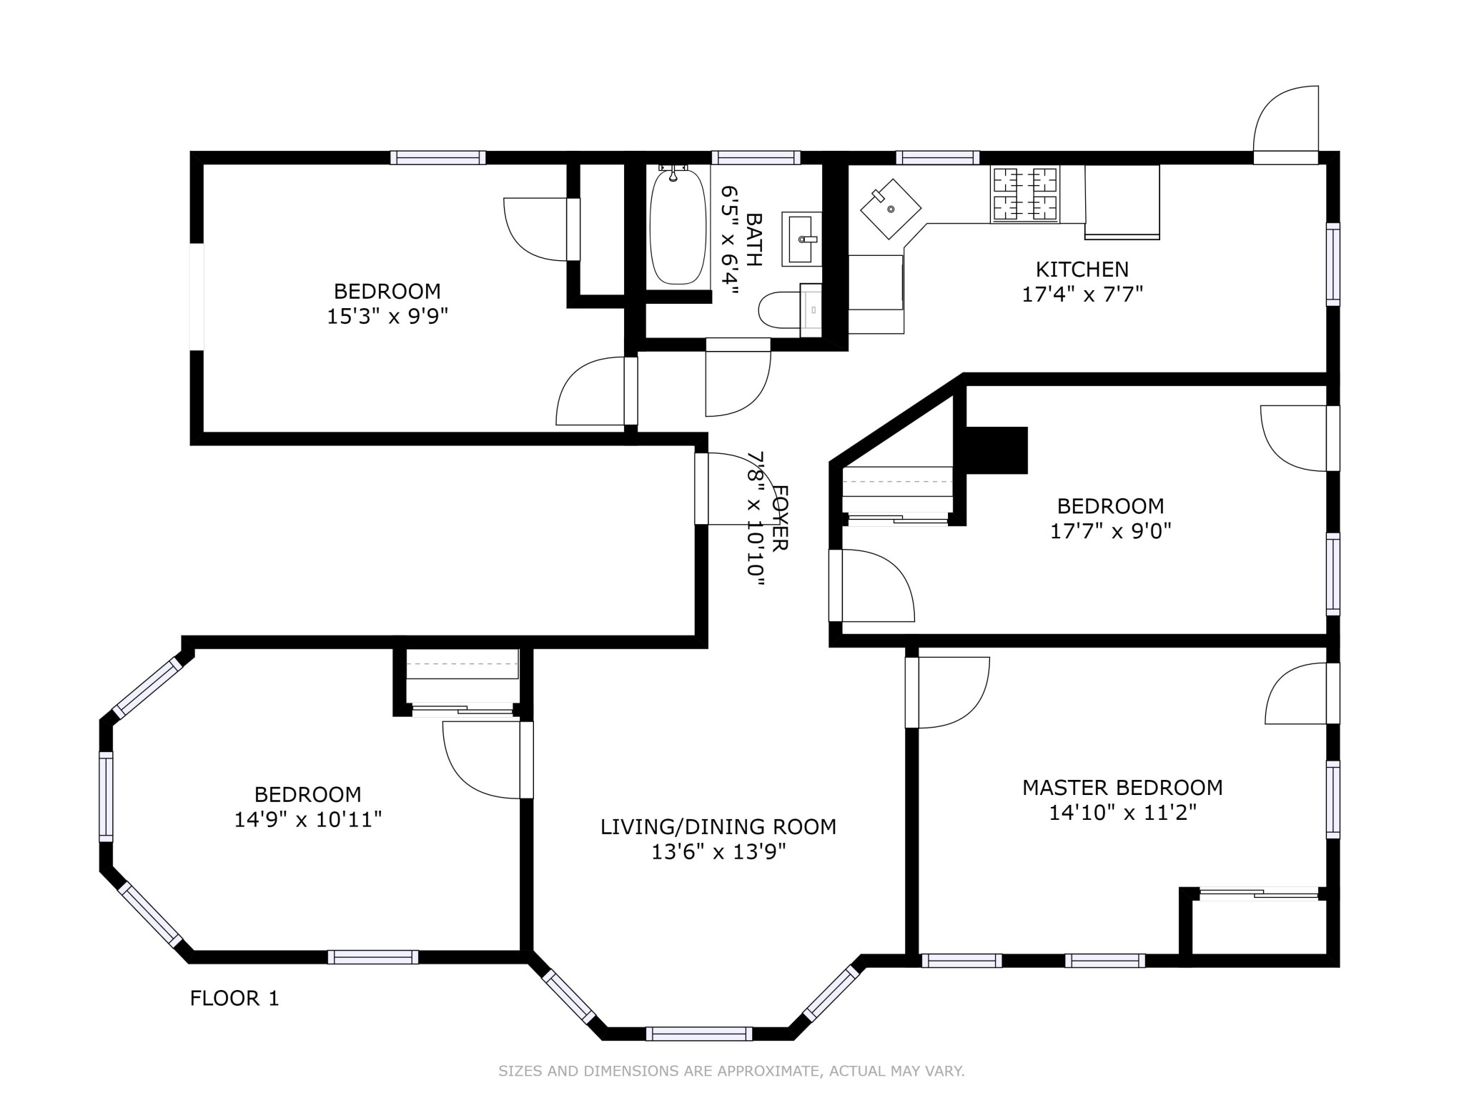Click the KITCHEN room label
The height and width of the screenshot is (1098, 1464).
[x=1082, y=269]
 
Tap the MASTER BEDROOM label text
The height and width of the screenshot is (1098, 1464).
[x=1122, y=788]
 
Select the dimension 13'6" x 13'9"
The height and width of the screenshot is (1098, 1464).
[x=718, y=852]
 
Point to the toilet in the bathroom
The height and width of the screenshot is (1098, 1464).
[x=781, y=310]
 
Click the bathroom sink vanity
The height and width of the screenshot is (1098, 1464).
[x=801, y=239]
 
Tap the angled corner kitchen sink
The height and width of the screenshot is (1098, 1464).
[x=891, y=209]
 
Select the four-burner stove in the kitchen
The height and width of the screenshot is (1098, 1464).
[x=1024, y=194]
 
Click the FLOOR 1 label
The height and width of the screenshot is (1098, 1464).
[x=234, y=999]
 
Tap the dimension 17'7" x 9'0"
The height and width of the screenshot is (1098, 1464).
[x=1110, y=531]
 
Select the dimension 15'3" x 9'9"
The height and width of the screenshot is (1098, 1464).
[x=387, y=316]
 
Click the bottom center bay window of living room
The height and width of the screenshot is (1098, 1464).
[x=698, y=1034]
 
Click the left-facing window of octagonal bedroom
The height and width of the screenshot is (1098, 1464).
[x=106, y=796]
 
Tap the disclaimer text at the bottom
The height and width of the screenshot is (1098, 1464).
[x=731, y=1071]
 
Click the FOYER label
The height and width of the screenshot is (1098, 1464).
[x=781, y=518]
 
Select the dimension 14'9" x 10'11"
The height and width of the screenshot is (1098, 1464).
[x=308, y=819]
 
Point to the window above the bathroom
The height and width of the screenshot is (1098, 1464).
[x=756, y=158]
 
